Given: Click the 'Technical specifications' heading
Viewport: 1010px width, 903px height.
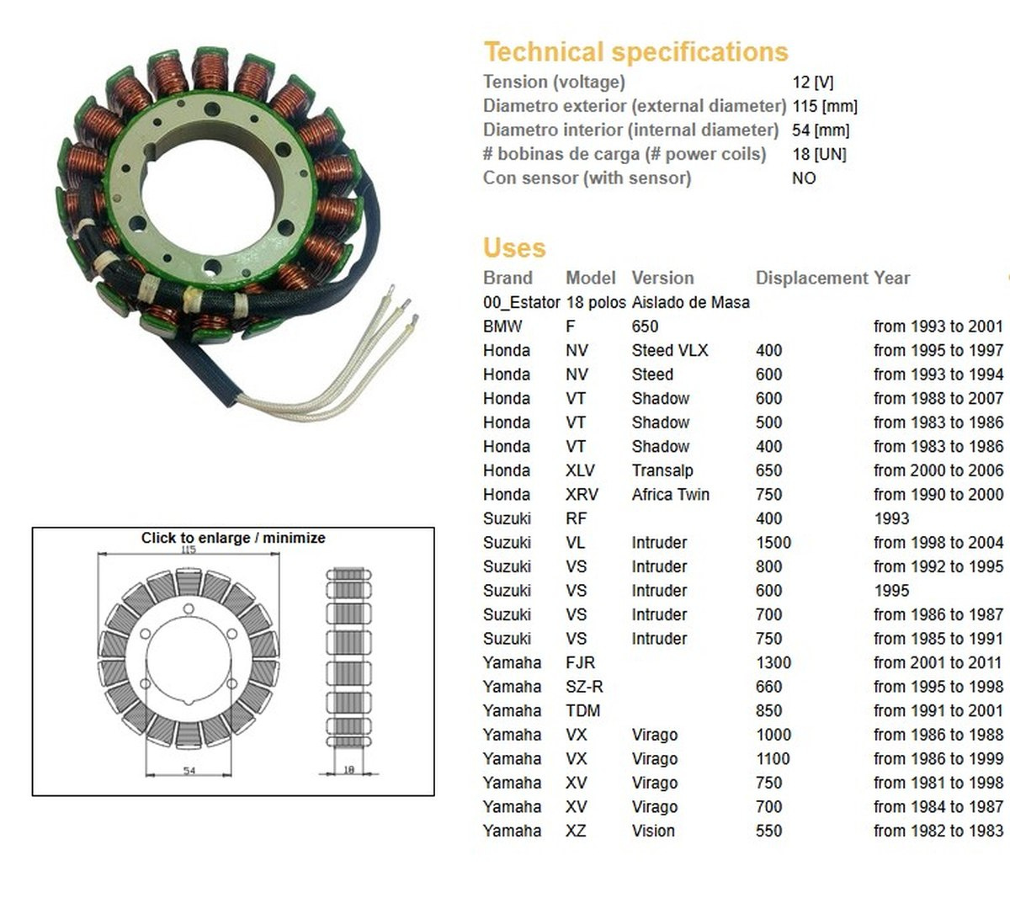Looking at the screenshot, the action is (635, 52).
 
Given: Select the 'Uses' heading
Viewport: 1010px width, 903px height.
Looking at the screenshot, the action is (514, 247).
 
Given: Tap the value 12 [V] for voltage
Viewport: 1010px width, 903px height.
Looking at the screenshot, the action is (812, 82).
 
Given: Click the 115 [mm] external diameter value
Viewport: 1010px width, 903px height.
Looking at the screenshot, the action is (825, 106).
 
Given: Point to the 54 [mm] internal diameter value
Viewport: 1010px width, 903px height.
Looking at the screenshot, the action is (821, 130).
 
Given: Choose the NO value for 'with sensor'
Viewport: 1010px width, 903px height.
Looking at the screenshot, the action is (804, 178).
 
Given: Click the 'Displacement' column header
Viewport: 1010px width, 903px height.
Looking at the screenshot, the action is (811, 278).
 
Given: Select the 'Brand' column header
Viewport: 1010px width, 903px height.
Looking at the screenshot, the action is (508, 278).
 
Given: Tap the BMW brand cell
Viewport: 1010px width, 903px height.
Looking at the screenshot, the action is (502, 326).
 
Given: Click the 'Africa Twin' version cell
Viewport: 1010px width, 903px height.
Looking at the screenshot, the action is (671, 494).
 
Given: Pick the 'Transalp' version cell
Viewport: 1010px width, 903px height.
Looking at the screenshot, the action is (662, 470).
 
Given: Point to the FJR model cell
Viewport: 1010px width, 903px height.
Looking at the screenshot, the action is (580, 662).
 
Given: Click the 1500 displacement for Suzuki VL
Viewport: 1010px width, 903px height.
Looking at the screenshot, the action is (773, 542).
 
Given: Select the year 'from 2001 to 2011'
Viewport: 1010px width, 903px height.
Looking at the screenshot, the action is (938, 662).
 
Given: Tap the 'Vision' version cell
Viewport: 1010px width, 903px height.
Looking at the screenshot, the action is (653, 831).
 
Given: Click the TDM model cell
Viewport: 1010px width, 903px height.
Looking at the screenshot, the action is (582, 710).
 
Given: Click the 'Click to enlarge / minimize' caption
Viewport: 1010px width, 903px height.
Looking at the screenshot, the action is (233, 538).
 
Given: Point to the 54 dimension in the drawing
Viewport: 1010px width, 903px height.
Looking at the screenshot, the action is (189, 771).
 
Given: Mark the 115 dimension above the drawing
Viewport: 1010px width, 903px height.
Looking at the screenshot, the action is (189, 550).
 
